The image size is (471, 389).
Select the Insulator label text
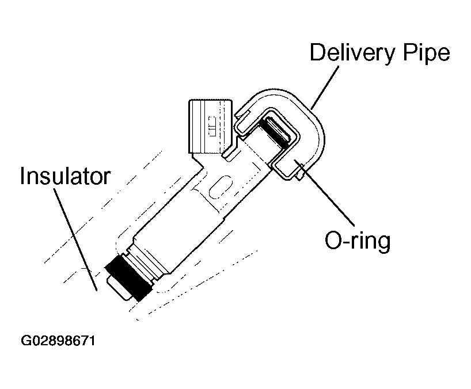click(x=64, y=176)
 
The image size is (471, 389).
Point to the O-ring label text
click(x=357, y=240)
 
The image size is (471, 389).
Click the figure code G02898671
click(x=58, y=341)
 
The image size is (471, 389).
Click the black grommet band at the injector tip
click(x=128, y=276)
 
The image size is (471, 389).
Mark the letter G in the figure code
click(x=26, y=341)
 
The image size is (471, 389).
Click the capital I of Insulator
click(x=24, y=176)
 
